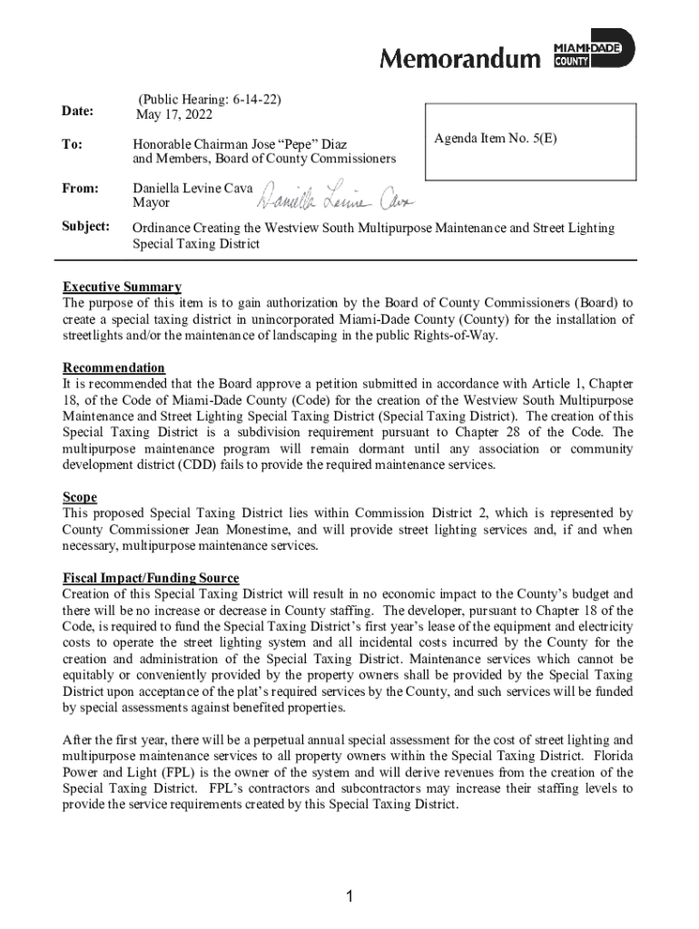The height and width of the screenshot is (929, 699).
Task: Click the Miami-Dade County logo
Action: coord(595,51)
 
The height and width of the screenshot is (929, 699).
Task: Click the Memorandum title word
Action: coord(458,59)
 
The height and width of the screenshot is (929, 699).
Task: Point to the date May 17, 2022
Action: coord(173,114)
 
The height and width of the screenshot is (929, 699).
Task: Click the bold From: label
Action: coord(80,189)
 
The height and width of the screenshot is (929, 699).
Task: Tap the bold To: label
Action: coord(72,143)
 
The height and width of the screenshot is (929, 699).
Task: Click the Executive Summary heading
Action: coord(122,288)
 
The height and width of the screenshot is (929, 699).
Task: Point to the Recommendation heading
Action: coord(113,367)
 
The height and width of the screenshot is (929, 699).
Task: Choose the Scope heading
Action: coord(80,497)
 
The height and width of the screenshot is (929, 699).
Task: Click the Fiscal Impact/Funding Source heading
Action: coord(151,578)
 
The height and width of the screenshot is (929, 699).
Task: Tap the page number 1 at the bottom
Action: coord(349,897)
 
